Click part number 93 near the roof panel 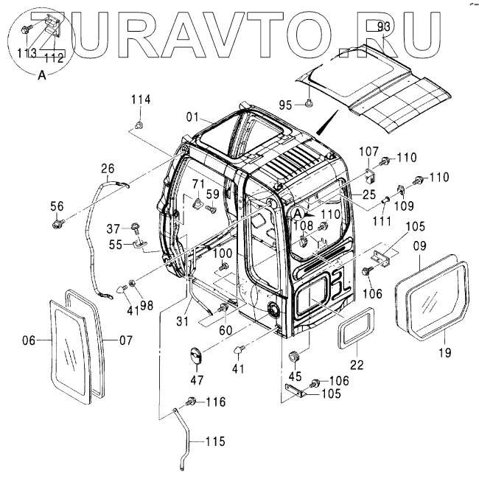[x=383, y=27]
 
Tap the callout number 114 [x=141, y=99]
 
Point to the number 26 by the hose [x=108, y=168]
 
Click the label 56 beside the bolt [x=57, y=206]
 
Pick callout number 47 [x=197, y=380]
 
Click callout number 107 [x=368, y=153]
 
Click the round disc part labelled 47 [x=197, y=357]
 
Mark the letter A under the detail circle [x=42, y=74]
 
